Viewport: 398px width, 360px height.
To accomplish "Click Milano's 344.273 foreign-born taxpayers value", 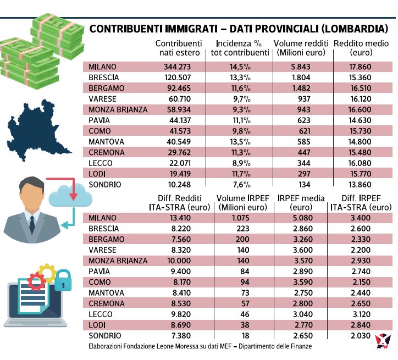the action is click(x=177, y=67).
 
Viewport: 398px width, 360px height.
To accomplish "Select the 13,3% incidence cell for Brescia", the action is click(x=240, y=77).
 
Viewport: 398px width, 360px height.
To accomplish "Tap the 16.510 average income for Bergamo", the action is click(x=361, y=88).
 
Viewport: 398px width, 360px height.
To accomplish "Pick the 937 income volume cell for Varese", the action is click(x=304, y=99).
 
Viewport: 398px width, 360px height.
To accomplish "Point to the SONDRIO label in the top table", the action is click(x=105, y=185).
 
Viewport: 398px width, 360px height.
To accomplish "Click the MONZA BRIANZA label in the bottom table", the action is click(x=118, y=261).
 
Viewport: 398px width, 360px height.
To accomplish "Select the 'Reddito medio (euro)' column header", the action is click(x=361, y=48).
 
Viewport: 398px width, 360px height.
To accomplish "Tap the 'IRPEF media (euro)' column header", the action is click(x=301, y=203).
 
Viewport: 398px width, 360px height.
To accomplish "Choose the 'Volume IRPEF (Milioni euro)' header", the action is click(x=243, y=203).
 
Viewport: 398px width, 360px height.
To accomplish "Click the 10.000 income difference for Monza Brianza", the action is click(x=179, y=261).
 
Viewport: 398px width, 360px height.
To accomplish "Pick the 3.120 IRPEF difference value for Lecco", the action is click(x=362, y=314).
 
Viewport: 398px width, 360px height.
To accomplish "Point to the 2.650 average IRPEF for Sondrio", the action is click(x=303, y=336).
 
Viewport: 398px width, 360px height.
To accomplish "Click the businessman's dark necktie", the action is click(x=32, y=224).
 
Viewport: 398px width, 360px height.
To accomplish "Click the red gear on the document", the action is click(x=36, y=281).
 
